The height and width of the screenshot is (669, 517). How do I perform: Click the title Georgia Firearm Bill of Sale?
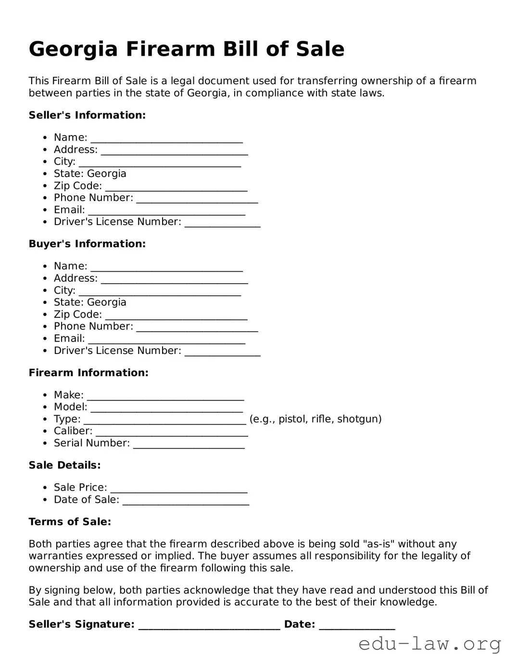(187, 49)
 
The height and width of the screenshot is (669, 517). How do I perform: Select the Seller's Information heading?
(87, 115)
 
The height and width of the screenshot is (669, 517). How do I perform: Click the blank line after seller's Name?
(166, 139)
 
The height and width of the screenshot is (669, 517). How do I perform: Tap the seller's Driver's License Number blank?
(222, 223)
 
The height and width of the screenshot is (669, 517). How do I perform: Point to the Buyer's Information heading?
(87, 244)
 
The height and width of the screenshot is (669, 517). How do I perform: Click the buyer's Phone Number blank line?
(197, 328)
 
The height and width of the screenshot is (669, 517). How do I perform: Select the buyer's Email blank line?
(166, 340)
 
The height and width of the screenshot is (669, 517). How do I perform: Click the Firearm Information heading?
(88, 373)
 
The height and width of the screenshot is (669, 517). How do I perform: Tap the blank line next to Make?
(165, 396)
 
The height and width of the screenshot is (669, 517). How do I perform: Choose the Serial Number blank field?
(189, 445)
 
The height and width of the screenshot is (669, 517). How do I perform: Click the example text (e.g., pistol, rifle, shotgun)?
(315, 419)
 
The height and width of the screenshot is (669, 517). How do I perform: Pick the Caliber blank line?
(172, 433)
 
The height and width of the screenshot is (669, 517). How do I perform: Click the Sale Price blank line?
(179, 489)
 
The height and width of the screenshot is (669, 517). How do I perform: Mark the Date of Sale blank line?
(186, 501)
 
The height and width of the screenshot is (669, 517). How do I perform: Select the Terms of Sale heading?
(70, 522)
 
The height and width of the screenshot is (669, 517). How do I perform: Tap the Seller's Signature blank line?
(209, 626)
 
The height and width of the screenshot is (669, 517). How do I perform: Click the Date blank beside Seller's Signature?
(357, 626)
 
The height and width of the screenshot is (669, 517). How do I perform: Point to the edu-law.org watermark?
(429, 644)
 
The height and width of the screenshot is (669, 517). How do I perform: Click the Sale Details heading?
(64, 465)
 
